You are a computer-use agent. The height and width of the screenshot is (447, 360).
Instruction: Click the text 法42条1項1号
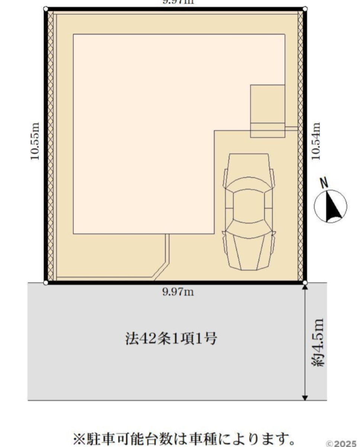(x=171, y=339)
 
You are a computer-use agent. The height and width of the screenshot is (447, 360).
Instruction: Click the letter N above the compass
(x=325, y=183)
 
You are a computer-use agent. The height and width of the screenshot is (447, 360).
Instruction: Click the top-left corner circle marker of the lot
(x=45, y=9)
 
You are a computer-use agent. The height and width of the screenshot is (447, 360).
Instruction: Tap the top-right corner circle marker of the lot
(x=305, y=9)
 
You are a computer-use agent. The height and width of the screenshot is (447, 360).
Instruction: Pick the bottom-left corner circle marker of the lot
(x=45, y=283)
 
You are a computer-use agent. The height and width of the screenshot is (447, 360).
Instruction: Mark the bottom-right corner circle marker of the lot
(x=305, y=283)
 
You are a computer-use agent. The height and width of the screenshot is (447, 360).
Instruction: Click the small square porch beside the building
(x=267, y=111)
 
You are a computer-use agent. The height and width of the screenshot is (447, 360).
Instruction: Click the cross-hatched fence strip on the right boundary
(x=300, y=145)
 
